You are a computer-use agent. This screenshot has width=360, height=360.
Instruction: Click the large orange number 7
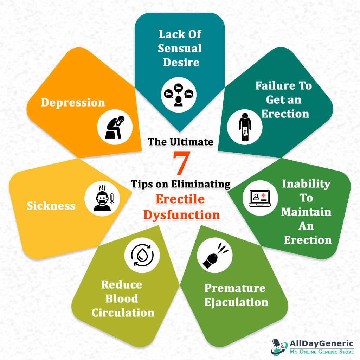coord(181,163)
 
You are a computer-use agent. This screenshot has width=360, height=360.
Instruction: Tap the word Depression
coord(73,102)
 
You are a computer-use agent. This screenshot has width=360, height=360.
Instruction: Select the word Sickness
coord(51,205)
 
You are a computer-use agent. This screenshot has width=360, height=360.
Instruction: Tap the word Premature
coord(235,288)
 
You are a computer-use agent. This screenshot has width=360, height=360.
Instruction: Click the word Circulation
coord(123,313)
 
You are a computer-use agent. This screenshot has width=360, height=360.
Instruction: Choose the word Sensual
coord(180,48)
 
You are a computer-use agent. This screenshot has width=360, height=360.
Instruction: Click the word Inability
coord(306,184)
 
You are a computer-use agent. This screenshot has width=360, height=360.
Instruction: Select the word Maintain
coord(306,212)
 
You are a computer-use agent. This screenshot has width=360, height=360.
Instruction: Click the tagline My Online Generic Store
coord(321,352)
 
